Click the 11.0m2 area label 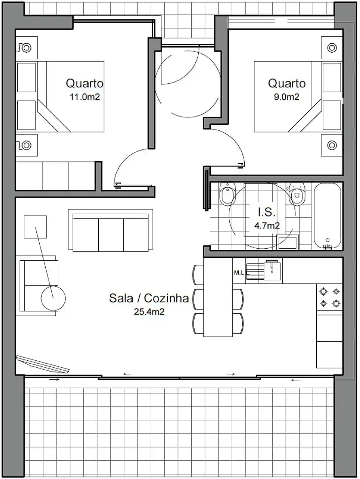click(x=85, y=97)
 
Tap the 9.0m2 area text click(x=286, y=97)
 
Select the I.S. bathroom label click(x=267, y=212)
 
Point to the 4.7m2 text click(x=267, y=226)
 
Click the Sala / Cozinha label click(x=149, y=298)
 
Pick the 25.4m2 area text click(x=149, y=312)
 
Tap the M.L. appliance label click(x=241, y=273)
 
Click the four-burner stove click(x=330, y=297)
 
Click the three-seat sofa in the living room click(x=110, y=230)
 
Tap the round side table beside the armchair click(x=53, y=298)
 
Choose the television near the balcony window click(x=43, y=364)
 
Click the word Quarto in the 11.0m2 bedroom click(x=85, y=83)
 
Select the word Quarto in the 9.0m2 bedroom click(x=287, y=83)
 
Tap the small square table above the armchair click(x=35, y=227)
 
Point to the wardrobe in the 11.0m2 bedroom click(x=55, y=176)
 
